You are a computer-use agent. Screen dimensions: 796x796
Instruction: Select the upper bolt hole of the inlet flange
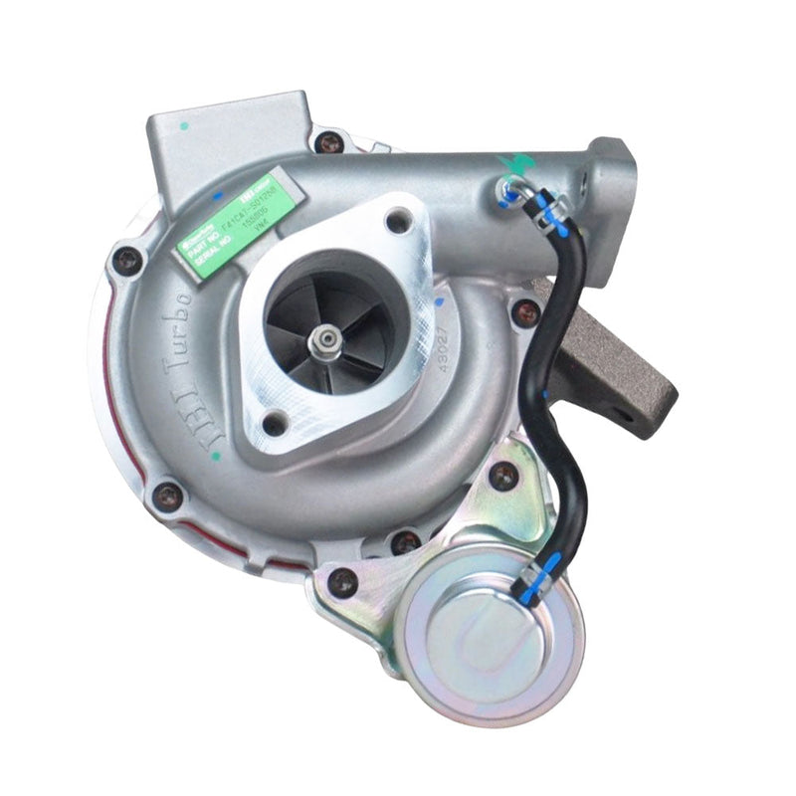[399, 221]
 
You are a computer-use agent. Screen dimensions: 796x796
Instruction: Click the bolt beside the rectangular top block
[329, 141]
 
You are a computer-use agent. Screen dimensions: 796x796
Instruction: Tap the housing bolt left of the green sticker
[128, 261]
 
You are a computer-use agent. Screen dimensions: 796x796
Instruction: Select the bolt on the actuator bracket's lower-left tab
[345, 581]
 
